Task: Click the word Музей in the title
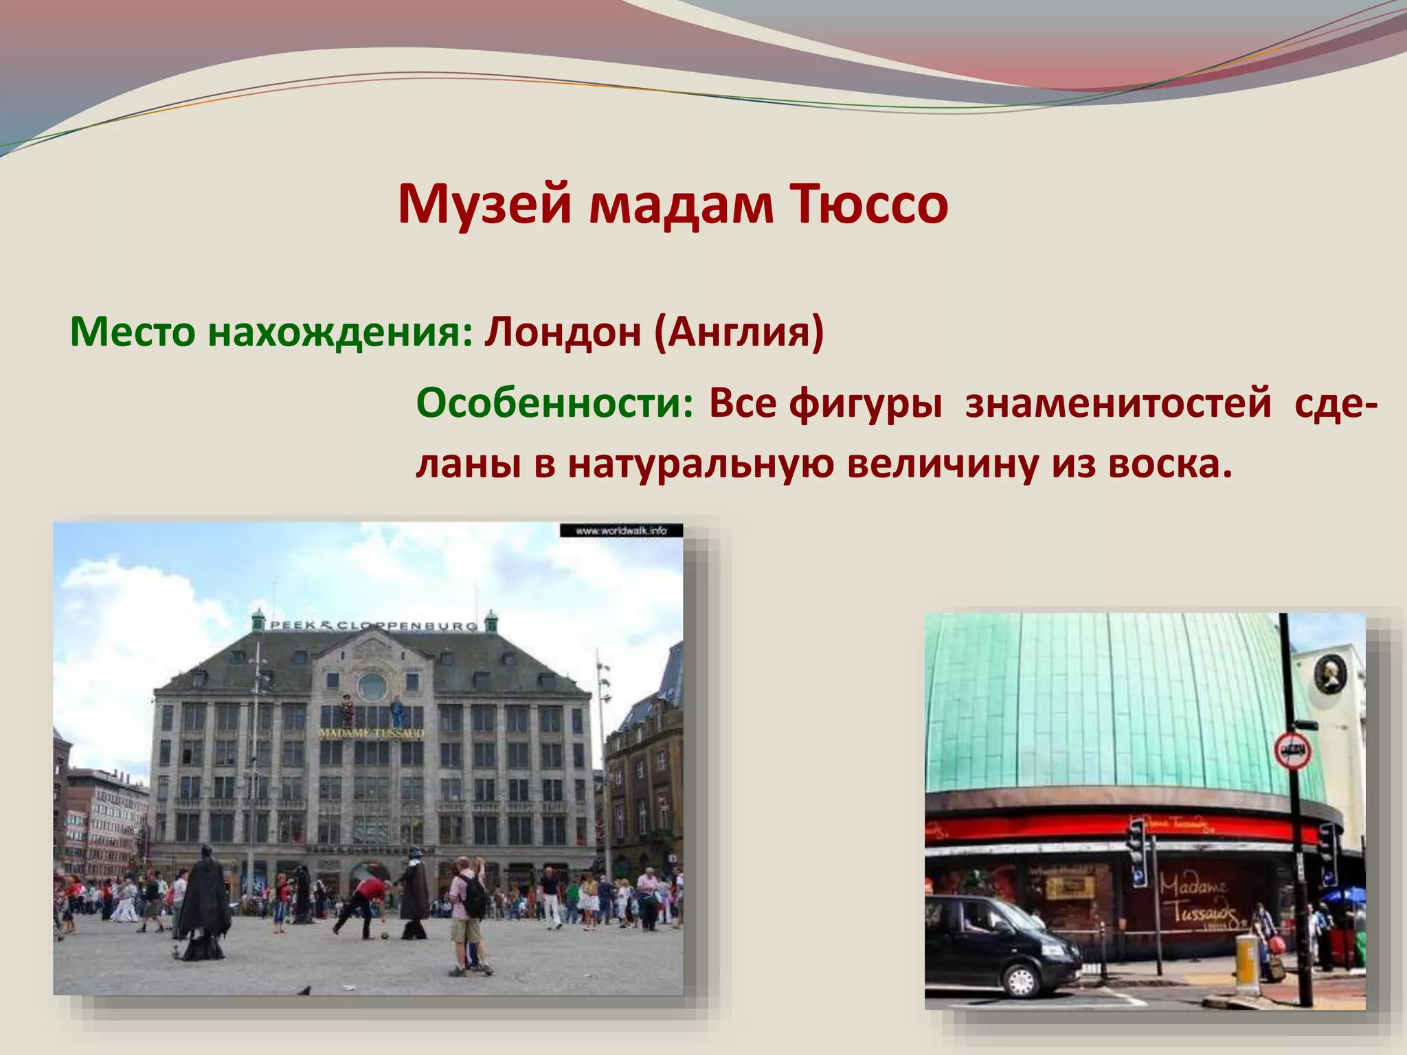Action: click(484, 205)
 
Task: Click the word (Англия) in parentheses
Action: click(739, 332)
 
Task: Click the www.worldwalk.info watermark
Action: click(621, 530)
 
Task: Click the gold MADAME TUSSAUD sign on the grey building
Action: click(371, 733)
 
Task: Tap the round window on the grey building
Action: click(372, 685)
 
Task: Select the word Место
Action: click(133, 332)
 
